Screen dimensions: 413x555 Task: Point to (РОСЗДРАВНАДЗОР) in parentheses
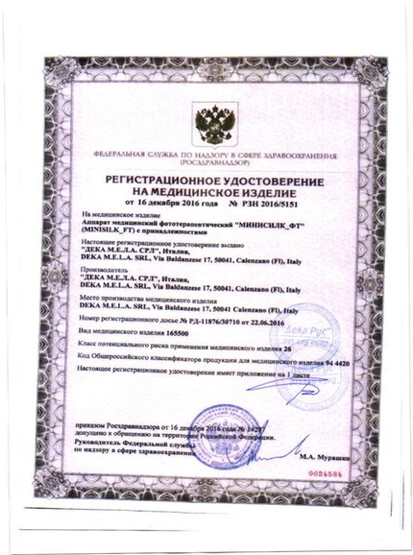204,163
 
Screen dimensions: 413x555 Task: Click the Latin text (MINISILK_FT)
109,231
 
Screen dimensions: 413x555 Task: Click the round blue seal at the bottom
223,419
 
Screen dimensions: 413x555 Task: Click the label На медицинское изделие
115,216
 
